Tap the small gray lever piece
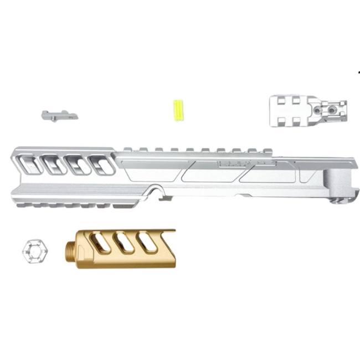pyautogui.click(x=58, y=115)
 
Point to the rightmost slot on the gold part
pyautogui.click(x=147, y=243)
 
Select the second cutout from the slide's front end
pyautogui.click(x=53, y=164)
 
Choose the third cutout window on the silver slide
pyautogui.click(x=78, y=164)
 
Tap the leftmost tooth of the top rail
pyautogui.click(x=128, y=149)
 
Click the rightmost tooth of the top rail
pyautogui.click(x=260, y=150)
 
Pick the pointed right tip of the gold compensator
pyautogui.click(x=174, y=232)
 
